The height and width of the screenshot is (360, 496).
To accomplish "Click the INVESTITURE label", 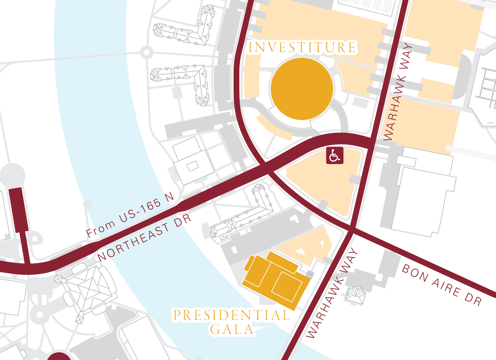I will pyautogui.click(x=302, y=47).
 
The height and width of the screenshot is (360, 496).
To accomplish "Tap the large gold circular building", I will pyautogui.click(x=302, y=89).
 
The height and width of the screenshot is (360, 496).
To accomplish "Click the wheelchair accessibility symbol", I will pyautogui.click(x=335, y=156).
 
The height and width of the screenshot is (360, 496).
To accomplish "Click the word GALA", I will pyautogui.click(x=232, y=329).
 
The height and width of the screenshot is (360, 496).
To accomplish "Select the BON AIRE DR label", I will pyautogui.click(x=442, y=285).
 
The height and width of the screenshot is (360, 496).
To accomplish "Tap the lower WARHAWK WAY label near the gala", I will pyautogui.click(x=332, y=293).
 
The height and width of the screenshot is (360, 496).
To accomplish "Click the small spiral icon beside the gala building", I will pyautogui.click(x=310, y=274).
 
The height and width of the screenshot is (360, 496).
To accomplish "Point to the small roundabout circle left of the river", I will pyautogui.click(x=147, y=53).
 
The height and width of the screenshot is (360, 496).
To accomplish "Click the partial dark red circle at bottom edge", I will pyautogui.click(x=60, y=357).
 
